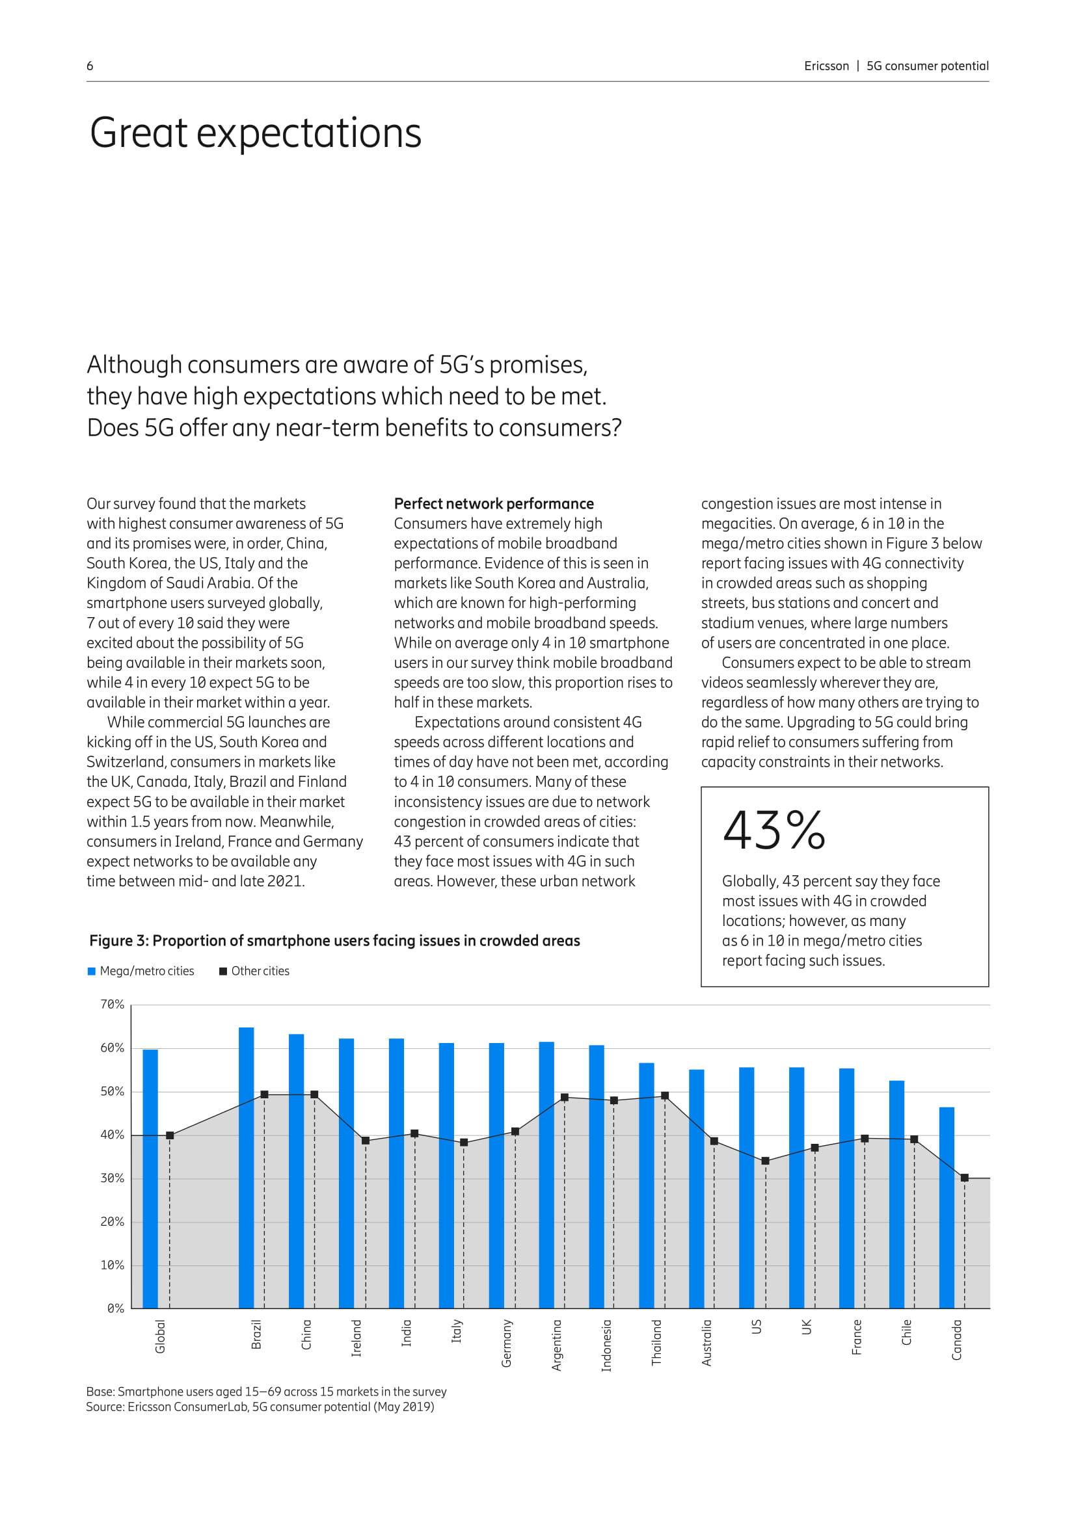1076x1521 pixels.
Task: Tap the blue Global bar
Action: [150, 1178]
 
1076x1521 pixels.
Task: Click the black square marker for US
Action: [765, 1161]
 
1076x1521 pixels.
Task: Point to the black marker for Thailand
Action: [665, 1096]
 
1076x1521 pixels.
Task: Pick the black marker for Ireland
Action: [365, 1141]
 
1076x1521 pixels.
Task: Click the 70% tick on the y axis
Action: [112, 1005]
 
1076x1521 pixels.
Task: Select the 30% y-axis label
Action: [112, 1178]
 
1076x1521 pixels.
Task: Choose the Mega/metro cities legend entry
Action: [141, 971]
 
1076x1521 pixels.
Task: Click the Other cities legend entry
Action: [254, 971]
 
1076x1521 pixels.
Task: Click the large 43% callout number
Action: [774, 830]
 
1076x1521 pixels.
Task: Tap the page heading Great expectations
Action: [255, 133]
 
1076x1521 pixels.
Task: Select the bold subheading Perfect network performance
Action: [494, 503]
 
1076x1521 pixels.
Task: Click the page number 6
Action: [90, 66]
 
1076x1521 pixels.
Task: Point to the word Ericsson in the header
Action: [826, 66]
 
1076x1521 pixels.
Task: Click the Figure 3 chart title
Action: [334, 941]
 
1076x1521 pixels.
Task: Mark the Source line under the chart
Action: [260, 1407]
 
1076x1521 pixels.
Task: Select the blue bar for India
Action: [396, 1173]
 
